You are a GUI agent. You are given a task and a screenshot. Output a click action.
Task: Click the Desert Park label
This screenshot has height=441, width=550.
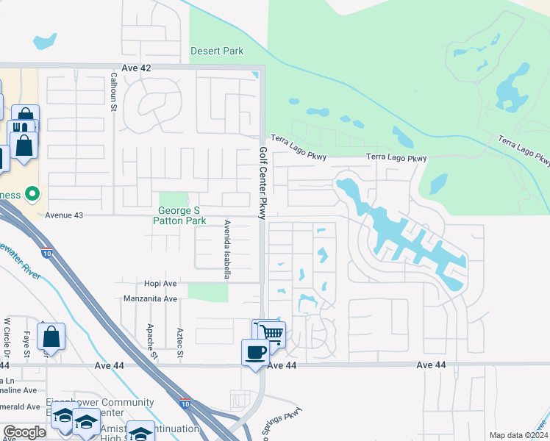[x=217, y=51]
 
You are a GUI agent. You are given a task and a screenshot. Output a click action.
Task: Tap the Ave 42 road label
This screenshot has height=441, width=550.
[x=136, y=68]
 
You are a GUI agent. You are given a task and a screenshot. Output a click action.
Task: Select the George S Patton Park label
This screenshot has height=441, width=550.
[x=180, y=215]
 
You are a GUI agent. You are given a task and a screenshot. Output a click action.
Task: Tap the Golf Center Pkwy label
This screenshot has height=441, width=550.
[x=262, y=182]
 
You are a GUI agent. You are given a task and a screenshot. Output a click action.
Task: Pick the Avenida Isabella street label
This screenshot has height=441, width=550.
[x=227, y=249]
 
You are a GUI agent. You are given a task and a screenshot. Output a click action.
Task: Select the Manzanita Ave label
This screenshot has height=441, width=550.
[x=151, y=299]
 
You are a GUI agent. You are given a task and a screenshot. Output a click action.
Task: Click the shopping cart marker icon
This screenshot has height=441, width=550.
[x=271, y=334]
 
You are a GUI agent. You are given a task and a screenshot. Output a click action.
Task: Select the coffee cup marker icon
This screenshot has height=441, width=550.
[x=255, y=352]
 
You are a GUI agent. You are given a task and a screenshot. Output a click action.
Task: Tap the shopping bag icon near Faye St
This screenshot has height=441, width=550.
[x=51, y=337]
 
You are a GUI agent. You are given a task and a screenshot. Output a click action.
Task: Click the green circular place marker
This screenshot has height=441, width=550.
[x=32, y=195]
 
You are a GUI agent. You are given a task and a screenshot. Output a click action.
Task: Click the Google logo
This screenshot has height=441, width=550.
[x=24, y=432]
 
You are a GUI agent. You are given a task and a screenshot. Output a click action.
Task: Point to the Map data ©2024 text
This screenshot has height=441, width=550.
[x=518, y=435]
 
